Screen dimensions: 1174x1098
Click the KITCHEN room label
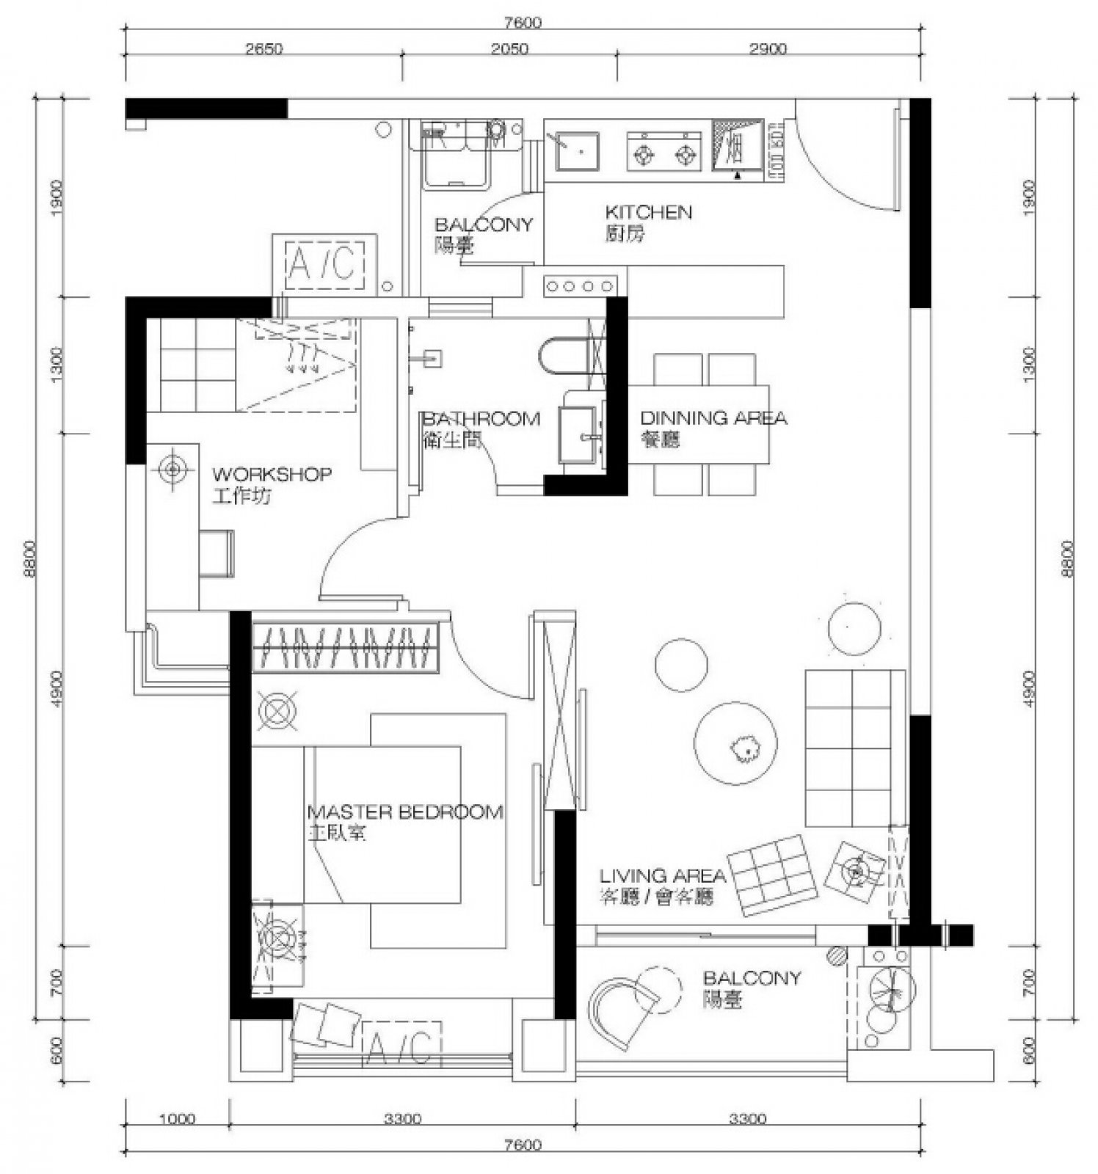tap(648, 213)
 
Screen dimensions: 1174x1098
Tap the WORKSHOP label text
tap(272, 475)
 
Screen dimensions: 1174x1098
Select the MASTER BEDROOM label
tap(405, 812)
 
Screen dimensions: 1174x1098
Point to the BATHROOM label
tap(481, 419)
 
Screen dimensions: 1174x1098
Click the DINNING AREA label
tap(713, 418)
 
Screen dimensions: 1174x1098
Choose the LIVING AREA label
tap(662, 875)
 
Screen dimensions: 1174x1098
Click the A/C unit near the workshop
tap(325, 263)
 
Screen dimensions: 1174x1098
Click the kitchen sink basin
tap(577, 151)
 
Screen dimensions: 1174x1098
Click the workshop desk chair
tap(217, 553)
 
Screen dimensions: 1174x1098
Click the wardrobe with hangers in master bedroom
tap(345, 647)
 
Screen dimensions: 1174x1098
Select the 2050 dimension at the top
tap(509, 49)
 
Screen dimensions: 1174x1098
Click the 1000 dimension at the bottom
tap(177, 1119)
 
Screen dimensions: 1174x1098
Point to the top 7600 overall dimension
tap(523, 22)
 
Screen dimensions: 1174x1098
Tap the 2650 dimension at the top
tap(263, 49)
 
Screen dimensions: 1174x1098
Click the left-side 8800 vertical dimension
tap(29, 559)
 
